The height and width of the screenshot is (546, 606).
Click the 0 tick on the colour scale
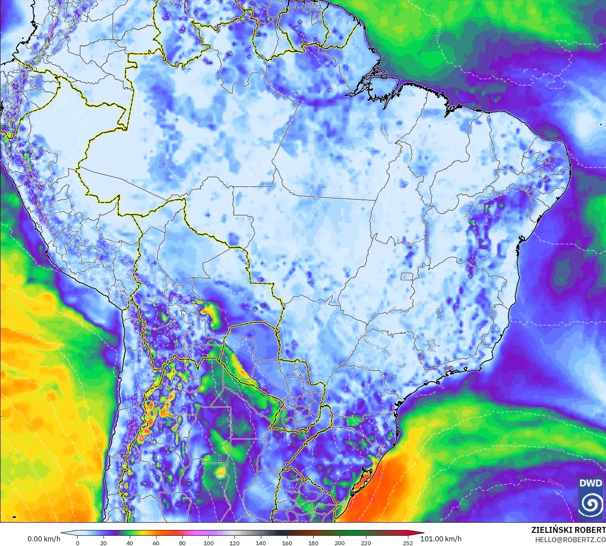(x=77, y=543)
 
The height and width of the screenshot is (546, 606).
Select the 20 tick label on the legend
(x=103, y=543)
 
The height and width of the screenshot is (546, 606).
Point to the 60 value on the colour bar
(x=156, y=543)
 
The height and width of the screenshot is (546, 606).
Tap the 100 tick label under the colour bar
(x=209, y=543)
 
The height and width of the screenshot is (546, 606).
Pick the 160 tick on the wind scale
(x=287, y=543)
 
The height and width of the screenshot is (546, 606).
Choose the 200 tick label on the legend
(x=340, y=543)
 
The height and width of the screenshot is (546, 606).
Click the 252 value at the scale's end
(x=408, y=543)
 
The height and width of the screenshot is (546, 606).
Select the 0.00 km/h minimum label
(x=44, y=539)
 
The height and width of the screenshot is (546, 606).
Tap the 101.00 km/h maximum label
(x=441, y=539)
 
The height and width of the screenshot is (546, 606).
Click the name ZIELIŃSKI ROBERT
(x=568, y=530)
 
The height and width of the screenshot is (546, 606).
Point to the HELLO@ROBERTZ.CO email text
(x=570, y=540)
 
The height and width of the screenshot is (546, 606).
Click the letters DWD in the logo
(x=591, y=483)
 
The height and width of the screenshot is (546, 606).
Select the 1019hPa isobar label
(x=556, y=419)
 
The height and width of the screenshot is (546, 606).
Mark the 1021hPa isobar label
(x=556, y=449)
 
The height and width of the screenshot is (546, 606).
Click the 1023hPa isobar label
(x=556, y=484)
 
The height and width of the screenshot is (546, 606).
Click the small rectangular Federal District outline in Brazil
(x=408, y=277)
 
